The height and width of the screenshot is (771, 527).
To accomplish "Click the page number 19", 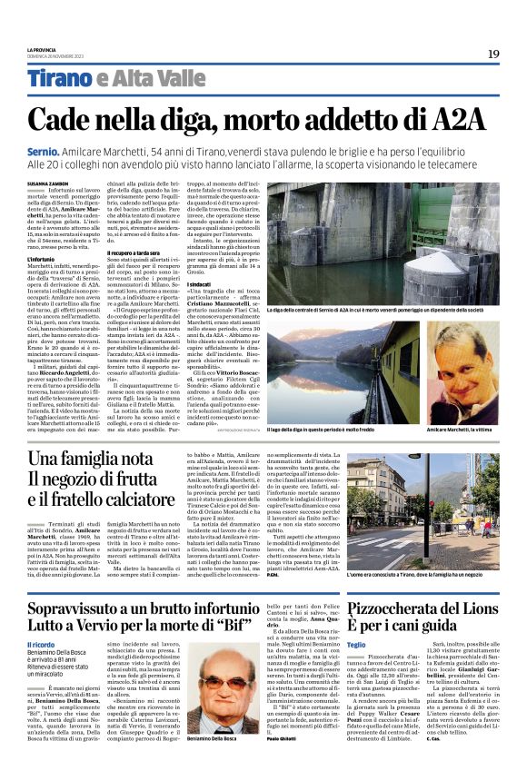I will click(x=492, y=54).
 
